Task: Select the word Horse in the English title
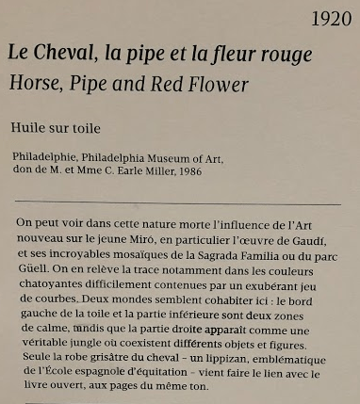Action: click(x=33, y=84)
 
